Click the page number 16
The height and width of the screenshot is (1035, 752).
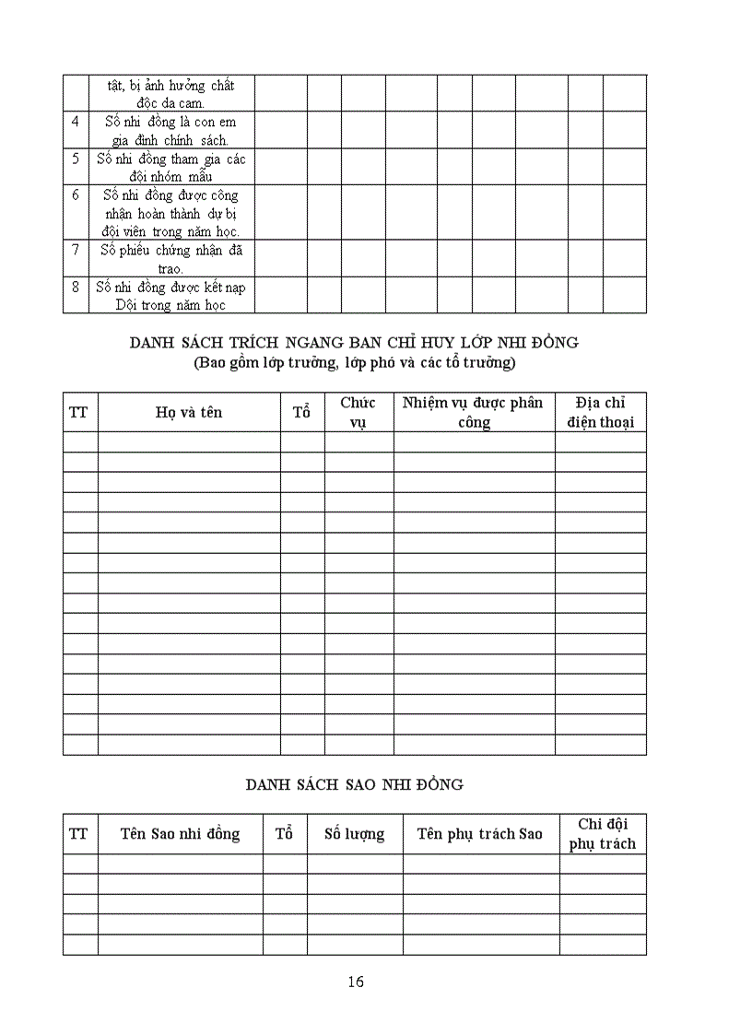point(357,982)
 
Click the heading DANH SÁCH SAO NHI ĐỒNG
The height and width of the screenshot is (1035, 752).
point(354,784)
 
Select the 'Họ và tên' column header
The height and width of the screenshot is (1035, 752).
point(189,412)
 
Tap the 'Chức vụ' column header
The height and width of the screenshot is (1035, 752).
point(358,412)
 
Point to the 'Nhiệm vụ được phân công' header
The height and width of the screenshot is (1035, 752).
point(474,412)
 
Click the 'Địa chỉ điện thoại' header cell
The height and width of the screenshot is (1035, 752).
point(600,412)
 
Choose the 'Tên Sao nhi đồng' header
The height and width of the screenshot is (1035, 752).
point(180,834)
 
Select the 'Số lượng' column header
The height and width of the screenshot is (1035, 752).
point(355,834)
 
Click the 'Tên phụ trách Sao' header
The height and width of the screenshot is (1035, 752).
point(480,834)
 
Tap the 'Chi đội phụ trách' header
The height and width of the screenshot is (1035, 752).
point(603,834)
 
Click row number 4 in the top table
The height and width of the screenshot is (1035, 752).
point(76,122)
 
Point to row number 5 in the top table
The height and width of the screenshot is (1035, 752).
point(76,159)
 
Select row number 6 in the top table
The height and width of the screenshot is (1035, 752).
point(76,194)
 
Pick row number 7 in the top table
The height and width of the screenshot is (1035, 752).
point(76,250)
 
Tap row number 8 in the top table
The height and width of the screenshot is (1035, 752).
point(76,287)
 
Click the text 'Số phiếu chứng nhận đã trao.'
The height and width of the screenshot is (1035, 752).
point(171,259)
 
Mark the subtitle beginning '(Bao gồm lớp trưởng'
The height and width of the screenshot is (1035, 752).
point(354,362)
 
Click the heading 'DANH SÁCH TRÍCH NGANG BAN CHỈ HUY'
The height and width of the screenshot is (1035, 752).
point(354,342)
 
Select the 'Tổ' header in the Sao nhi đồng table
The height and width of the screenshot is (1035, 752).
point(285,834)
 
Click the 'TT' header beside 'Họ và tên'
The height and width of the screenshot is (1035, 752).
point(79,412)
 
